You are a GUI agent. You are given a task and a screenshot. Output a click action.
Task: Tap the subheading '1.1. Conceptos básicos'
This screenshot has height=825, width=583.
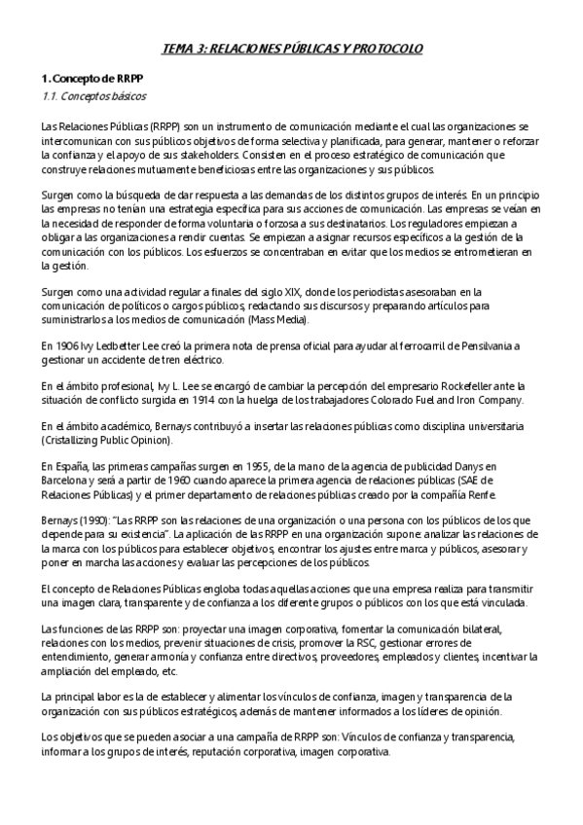tap(94, 96)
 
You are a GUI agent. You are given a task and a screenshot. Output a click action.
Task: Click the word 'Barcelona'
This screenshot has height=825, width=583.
tap(67, 481)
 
